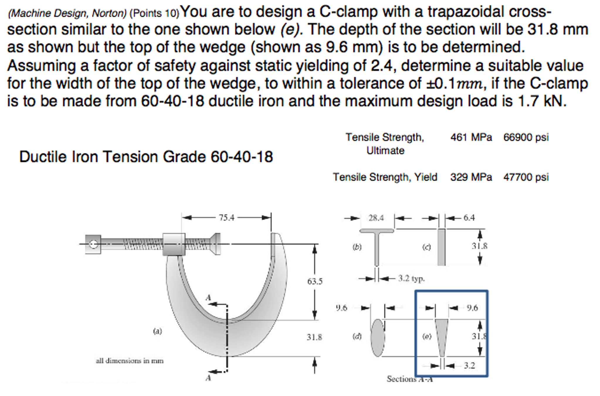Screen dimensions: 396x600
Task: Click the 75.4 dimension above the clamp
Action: pyautogui.click(x=226, y=217)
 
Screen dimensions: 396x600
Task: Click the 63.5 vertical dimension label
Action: pyautogui.click(x=315, y=281)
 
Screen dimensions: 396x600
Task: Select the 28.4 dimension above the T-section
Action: pyautogui.click(x=376, y=218)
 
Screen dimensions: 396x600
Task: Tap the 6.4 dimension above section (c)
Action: pyautogui.click(x=469, y=217)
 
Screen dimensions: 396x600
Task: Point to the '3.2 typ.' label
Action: pyautogui.click(x=411, y=278)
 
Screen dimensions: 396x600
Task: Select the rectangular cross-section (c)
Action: pyautogui.click(x=441, y=247)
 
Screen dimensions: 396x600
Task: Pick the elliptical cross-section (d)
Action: pyautogui.click(x=378, y=337)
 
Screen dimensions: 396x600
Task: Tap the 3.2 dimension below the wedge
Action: pyautogui.click(x=469, y=365)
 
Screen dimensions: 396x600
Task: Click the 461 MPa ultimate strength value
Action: pyautogui.click(x=471, y=137)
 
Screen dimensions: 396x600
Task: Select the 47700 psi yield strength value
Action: pyautogui.click(x=526, y=177)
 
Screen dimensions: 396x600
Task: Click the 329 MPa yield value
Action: pyautogui.click(x=471, y=177)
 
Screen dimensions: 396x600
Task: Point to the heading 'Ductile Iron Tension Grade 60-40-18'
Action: pyautogui.click(x=146, y=157)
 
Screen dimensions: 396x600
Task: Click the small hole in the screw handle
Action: pyautogui.click(x=93, y=244)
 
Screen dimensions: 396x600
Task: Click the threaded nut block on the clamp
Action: pyautogui.click(x=174, y=244)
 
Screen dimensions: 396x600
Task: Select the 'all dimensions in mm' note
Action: pyautogui.click(x=129, y=361)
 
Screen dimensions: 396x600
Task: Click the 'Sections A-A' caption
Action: pyautogui.click(x=409, y=379)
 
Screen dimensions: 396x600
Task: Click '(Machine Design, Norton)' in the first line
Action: pyautogui.click(x=67, y=13)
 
